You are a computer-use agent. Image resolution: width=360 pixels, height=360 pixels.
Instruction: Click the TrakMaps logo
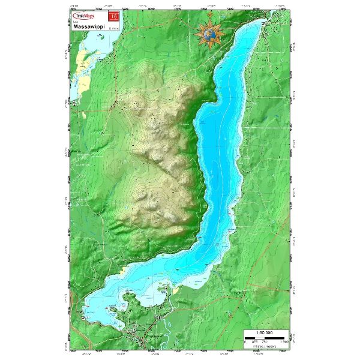click(x=82, y=17)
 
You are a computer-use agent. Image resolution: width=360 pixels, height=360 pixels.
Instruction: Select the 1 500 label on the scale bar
click(x=286, y=342)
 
